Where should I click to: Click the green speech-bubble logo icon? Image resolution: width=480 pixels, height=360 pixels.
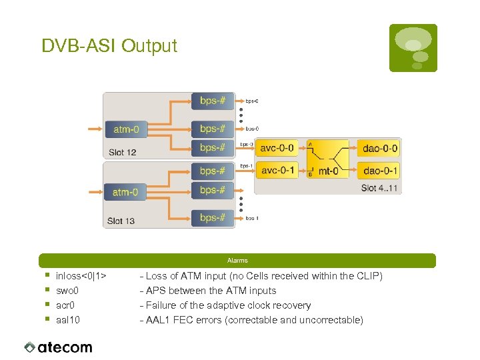point(413,47)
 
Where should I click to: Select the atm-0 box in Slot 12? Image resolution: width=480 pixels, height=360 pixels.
point(126,129)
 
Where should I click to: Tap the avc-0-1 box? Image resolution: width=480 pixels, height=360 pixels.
point(278,171)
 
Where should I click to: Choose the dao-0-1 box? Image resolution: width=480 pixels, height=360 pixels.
point(380,171)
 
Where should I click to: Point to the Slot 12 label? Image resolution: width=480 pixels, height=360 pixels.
point(123,152)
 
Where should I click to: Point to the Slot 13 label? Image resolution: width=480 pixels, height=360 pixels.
point(121,221)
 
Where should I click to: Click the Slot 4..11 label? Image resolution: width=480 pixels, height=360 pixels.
point(379,188)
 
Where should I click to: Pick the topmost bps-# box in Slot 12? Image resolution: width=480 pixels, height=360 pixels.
point(213,101)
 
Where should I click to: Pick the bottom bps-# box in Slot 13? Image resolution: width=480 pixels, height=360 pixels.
point(213,217)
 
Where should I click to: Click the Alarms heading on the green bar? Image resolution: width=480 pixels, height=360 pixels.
point(237,261)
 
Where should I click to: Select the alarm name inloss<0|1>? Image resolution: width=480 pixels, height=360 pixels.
point(82,276)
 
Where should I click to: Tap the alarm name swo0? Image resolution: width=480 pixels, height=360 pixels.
point(67,291)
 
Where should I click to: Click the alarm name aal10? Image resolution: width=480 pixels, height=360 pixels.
point(68,320)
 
